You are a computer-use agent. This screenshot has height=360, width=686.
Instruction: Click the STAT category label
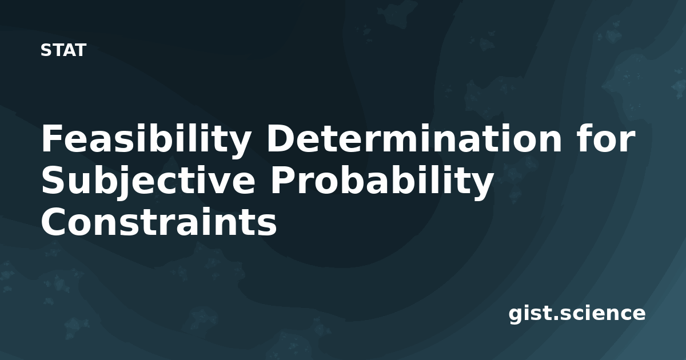click(63, 50)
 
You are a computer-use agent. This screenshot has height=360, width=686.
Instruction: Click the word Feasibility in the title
click(146, 140)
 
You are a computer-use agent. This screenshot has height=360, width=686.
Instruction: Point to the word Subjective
click(148, 182)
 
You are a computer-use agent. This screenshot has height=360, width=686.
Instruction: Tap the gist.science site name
click(577, 314)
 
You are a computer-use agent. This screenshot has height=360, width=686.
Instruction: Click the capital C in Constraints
click(55, 222)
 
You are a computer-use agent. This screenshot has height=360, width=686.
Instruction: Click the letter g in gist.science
click(516, 315)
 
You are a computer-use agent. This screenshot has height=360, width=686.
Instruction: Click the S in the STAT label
click(46, 50)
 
